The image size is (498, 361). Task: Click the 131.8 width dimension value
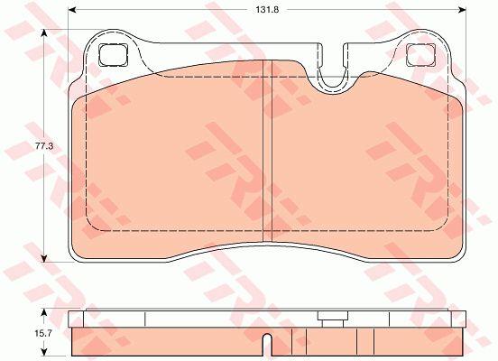click(x=267, y=10)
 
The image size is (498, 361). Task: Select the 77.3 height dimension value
click(x=44, y=146)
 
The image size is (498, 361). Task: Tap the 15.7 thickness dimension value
click(x=44, y=333)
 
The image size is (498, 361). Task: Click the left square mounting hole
click(x=114, y=55)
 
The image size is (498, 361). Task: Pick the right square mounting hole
click(x=420, y=55)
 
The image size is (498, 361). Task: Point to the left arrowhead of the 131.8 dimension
click(x=72, y=10)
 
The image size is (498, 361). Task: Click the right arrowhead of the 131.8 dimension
click(x=462, y=10)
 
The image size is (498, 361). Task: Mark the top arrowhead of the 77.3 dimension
click(x=44, y=33)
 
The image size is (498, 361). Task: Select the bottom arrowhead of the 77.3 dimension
click(x=44, y=258)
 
